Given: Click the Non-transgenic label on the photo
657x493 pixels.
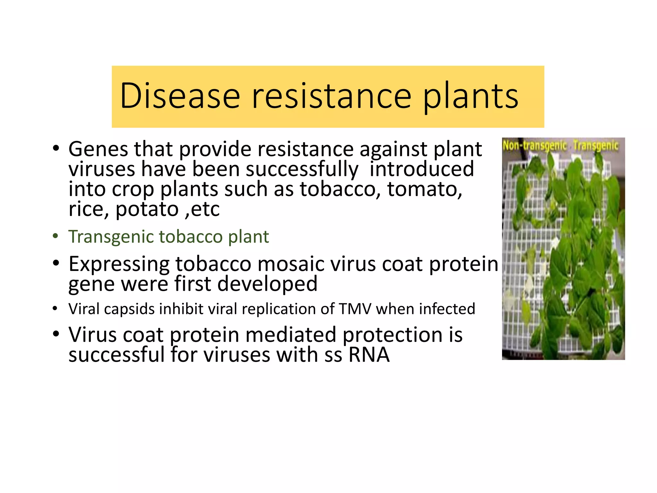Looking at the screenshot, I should coord(534,146).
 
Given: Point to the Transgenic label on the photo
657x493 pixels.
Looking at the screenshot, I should coord(595,146).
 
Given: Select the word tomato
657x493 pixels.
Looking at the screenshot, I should coord(424,189).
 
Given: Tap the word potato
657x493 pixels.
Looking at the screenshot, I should coord(147,210).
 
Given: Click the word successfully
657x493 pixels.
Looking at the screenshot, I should coord(302,169).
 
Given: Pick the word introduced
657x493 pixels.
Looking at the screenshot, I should coord(422,169).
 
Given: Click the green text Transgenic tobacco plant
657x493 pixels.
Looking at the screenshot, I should coord(168,237).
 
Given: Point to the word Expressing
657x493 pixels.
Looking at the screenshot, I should coord(119,264).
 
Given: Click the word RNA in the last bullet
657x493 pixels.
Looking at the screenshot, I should coord(369,355).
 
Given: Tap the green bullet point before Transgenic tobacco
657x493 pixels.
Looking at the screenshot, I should coord(56,236).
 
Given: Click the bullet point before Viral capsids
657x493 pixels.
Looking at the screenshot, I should coord(55,309).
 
